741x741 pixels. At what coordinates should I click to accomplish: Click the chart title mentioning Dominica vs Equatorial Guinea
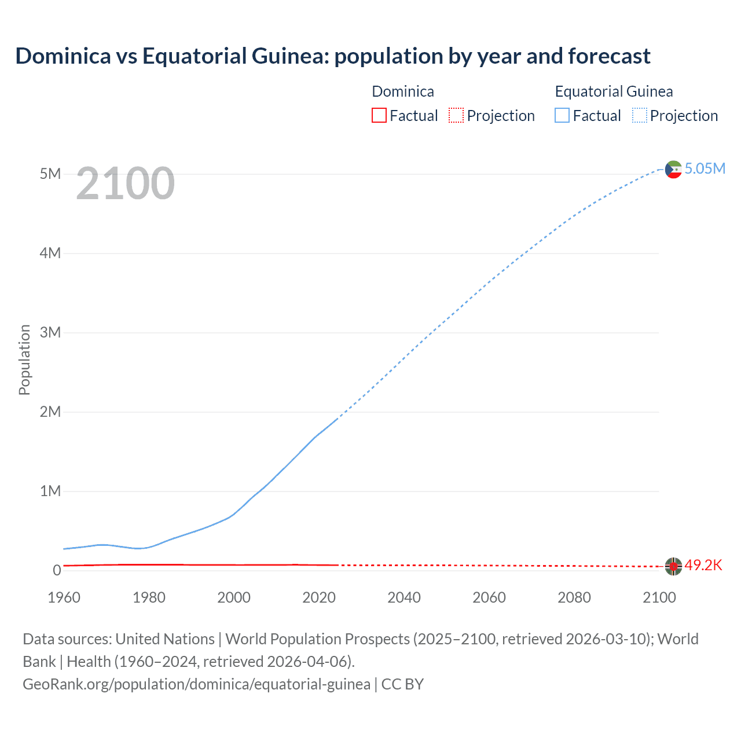point(333,56)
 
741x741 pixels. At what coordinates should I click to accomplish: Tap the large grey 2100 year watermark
point(125,184)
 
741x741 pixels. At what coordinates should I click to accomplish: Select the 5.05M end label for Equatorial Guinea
point(705,168)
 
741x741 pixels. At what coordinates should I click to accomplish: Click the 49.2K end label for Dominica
point(703,565)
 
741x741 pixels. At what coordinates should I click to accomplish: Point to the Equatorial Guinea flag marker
point(673,169)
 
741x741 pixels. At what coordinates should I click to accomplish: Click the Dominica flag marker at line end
point(673,566)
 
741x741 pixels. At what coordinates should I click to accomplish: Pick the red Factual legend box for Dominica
point(379,116)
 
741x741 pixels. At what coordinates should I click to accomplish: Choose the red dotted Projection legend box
point(456,116)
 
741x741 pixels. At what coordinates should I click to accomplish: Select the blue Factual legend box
point(562,116)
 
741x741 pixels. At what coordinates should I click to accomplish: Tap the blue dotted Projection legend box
point(640,116)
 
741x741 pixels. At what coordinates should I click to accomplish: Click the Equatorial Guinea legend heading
point(614,91)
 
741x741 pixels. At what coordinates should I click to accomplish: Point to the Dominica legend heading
point(403,91)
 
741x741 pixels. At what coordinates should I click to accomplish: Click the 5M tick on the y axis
point(50,174)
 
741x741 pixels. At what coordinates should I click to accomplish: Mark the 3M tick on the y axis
point(50,332)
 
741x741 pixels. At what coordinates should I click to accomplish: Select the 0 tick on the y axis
point(57,570)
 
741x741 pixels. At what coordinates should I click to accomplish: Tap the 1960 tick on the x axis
point(64,597)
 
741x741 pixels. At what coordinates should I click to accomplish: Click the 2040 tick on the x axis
point(404,597)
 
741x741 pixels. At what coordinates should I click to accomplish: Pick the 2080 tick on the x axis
point(574,597)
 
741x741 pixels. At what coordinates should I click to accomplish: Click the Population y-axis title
point(24,360)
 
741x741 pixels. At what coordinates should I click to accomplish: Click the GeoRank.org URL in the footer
point(196,684)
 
